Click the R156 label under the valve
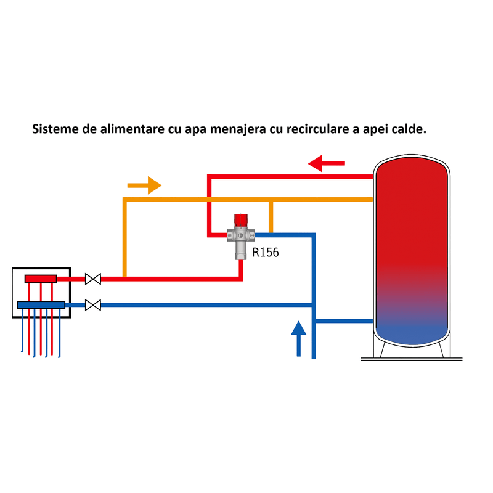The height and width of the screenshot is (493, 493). point(266,252)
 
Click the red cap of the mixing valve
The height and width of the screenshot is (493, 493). point(240,221)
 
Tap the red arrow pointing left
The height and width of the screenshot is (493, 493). point(327,164)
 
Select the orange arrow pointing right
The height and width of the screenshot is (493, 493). point(144,185)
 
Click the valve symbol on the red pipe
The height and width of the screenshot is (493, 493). point(93,279)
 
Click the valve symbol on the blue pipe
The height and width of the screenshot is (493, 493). point(93,304)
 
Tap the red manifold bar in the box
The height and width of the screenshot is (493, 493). point(41,279)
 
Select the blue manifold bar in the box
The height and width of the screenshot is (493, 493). point(41,304)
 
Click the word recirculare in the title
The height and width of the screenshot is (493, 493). point(315,131)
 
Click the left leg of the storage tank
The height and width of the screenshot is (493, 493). point(383,349)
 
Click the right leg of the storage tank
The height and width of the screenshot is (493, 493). point(442,349)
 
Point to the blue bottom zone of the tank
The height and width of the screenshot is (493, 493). point(412,327)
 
